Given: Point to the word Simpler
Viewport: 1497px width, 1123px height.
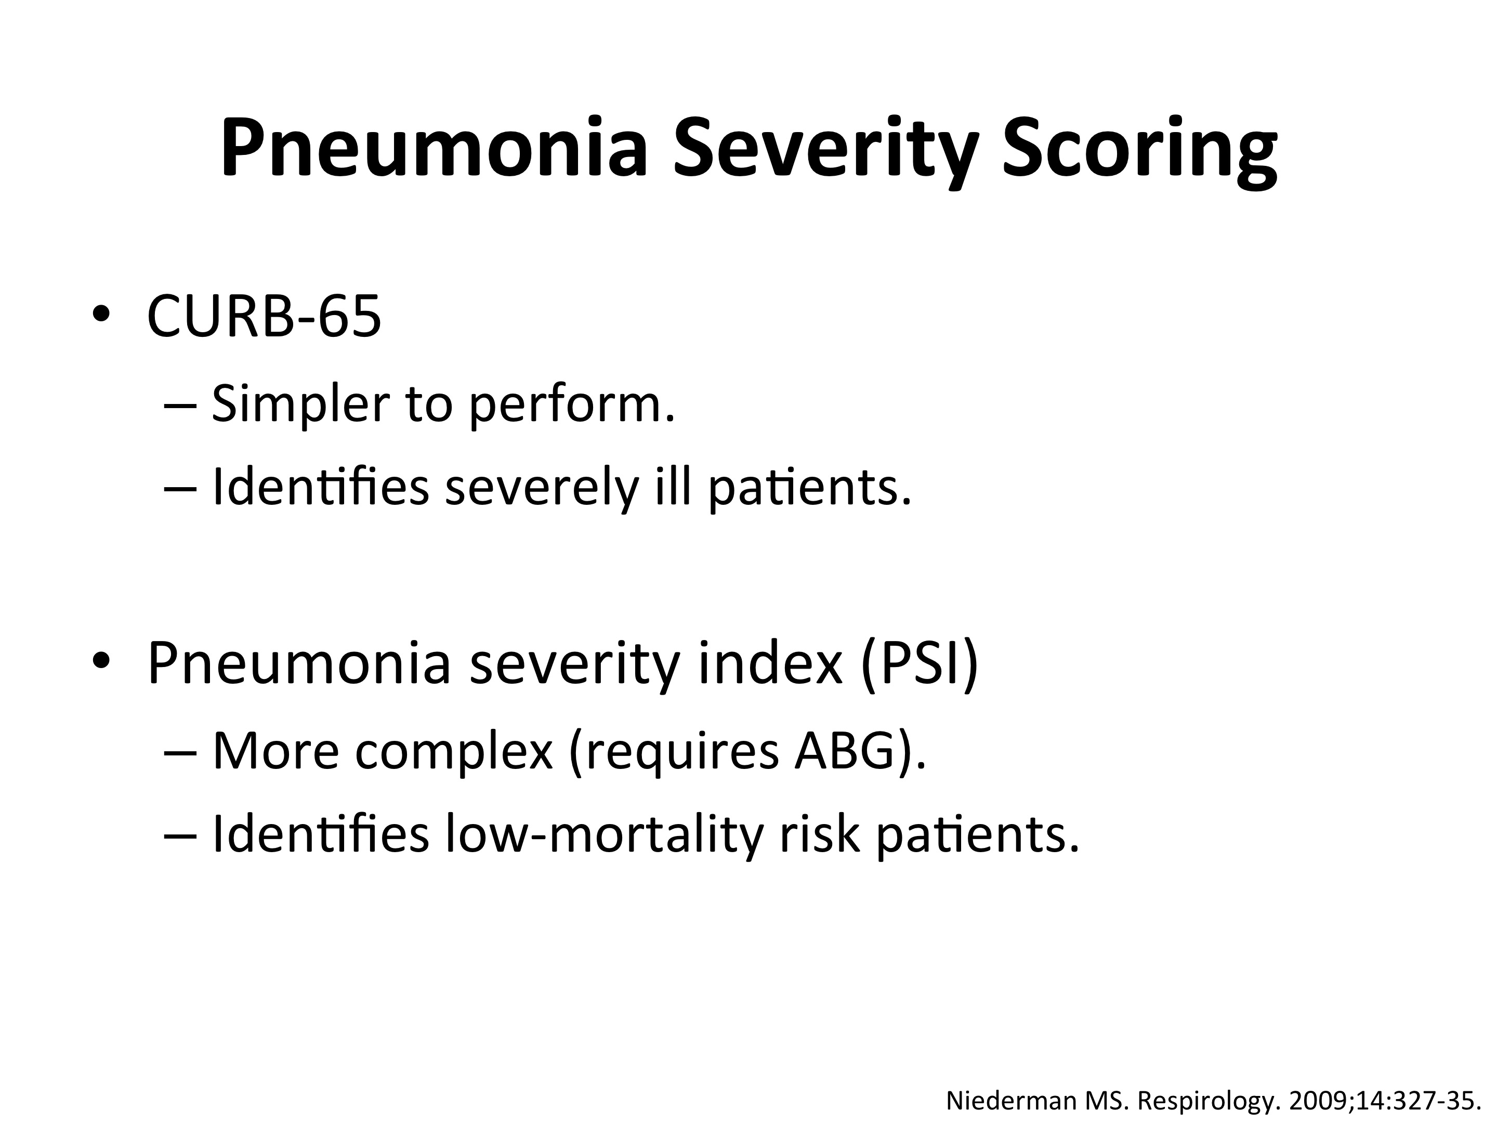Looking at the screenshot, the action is (x=300, y=404).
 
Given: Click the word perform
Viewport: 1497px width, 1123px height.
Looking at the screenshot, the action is (x=572, y=404).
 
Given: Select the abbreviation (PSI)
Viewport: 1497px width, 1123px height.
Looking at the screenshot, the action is (x=920, y=664).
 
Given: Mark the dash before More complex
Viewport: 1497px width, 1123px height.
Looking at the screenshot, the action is (x=181, y=753).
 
